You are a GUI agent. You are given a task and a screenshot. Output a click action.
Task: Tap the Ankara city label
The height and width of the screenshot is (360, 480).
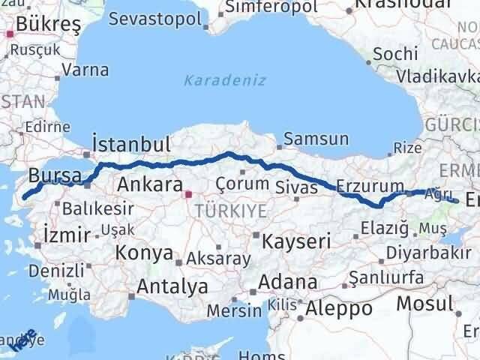[x=150, y=184]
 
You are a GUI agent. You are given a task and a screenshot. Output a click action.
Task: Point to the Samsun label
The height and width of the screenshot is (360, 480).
[x=315, y=139]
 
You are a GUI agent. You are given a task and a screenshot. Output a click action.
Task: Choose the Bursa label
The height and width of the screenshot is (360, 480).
[x=55, y=176]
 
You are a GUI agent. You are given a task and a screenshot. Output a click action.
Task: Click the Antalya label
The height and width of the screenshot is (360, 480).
[x=172, y=286]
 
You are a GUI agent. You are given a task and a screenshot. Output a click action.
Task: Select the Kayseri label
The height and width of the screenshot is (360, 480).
[x=296, y=241]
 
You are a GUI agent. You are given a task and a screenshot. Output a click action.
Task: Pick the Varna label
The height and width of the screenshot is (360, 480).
[x=86, y=71]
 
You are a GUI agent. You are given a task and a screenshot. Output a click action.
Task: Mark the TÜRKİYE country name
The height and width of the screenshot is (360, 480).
[x=231, y=211]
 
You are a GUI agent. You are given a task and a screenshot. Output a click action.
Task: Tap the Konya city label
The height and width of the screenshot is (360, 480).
[x=144, y=253]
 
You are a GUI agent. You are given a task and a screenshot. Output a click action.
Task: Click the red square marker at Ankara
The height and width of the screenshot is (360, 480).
[x=188, y=194]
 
